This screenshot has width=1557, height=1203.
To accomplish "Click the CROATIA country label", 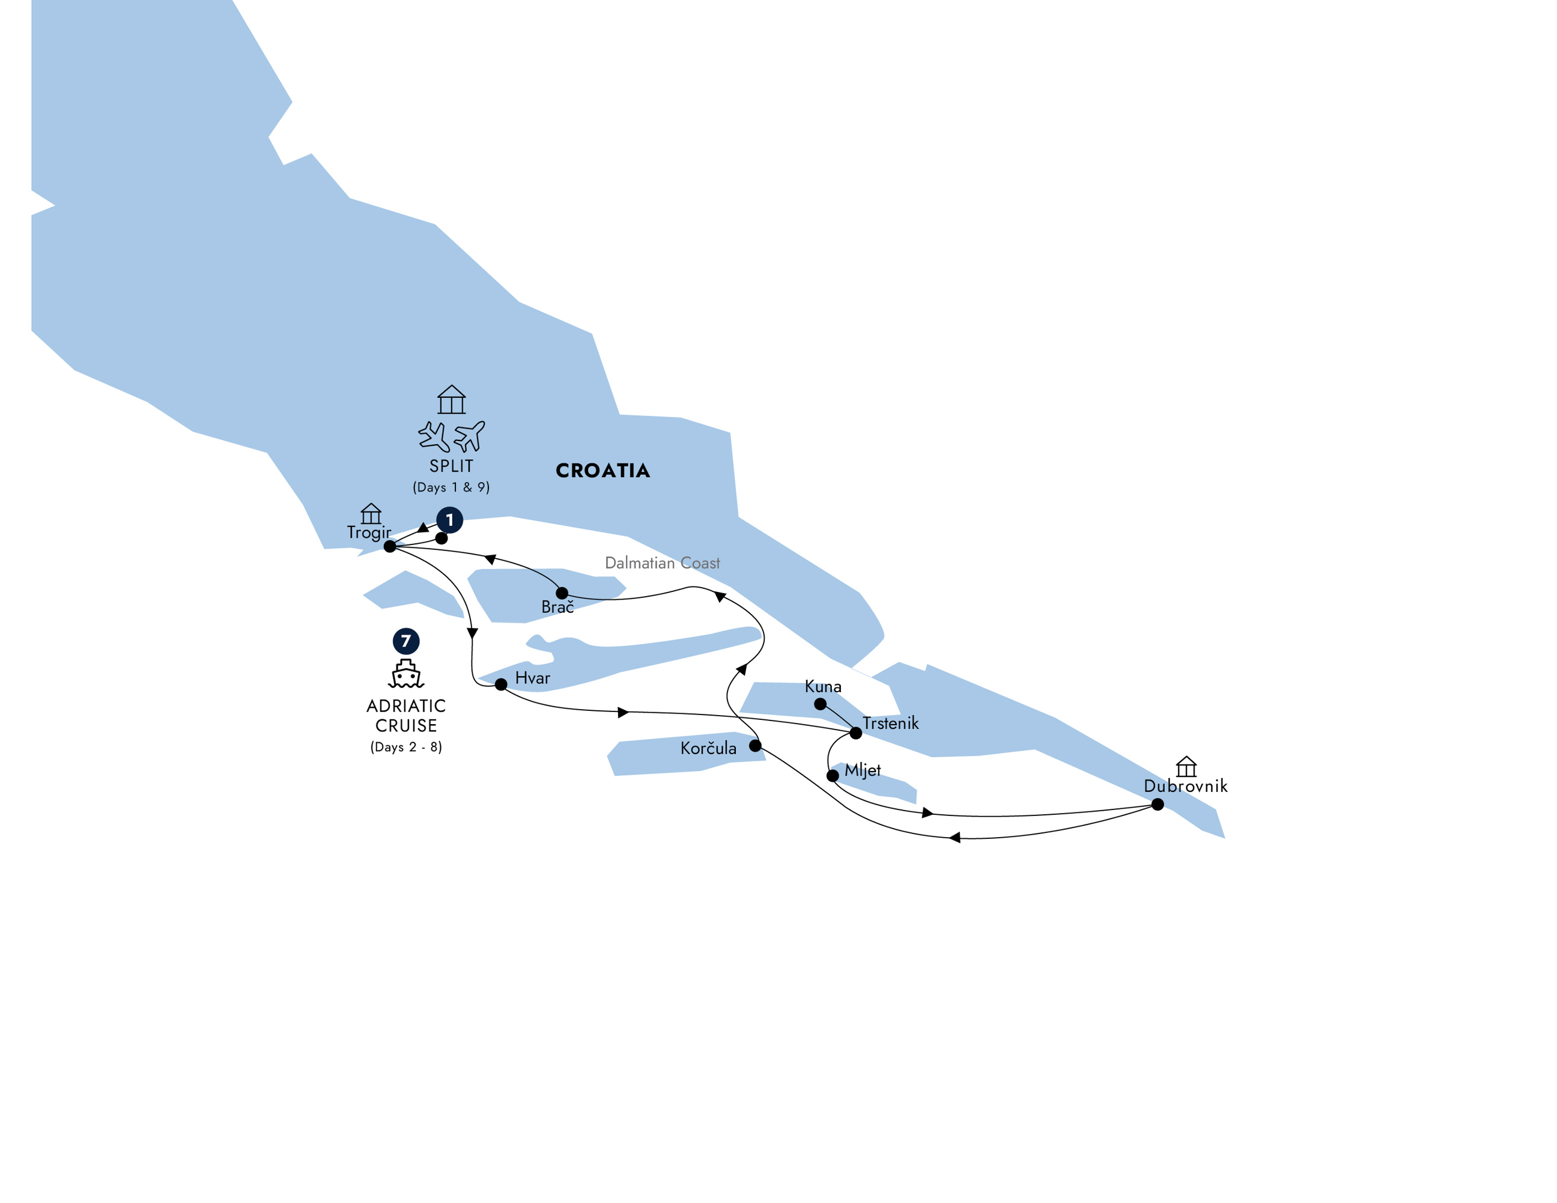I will click(602, 471).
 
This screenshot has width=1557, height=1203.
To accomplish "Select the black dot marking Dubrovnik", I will click(1158, 805).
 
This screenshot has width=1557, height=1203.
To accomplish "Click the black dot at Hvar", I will click(501, 684).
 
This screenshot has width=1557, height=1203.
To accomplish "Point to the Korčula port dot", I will click(755, 746).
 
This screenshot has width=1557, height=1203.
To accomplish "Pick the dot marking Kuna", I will click(821, 704).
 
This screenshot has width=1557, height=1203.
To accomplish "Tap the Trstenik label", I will click(890, 723).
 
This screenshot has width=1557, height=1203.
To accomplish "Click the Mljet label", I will click(863, 770).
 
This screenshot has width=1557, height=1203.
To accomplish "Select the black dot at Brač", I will click(562, 593).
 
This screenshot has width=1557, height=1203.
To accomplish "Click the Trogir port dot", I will click(390, 546).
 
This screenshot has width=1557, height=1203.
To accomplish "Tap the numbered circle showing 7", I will click(406, 641).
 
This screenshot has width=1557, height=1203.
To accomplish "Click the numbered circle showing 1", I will click(450, 520).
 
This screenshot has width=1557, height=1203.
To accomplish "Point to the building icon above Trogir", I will click(371, 513).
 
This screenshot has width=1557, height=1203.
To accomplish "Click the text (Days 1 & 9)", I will click(451, 487).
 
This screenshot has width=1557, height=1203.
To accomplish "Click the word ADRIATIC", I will click(406, 706).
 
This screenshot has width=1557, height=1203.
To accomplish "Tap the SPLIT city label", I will click(451, 466).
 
